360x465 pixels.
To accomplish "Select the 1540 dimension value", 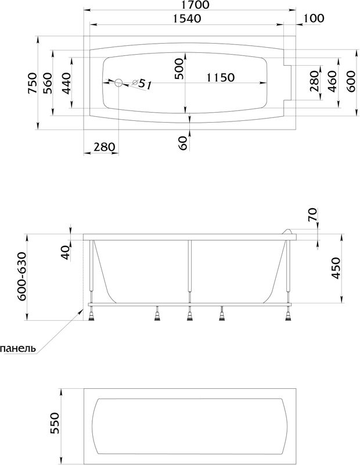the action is pos(186,19).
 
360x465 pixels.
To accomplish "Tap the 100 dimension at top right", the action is pos(314,19).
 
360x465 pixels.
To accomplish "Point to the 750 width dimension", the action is pos(33,83).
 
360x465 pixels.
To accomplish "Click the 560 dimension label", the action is pos(48,83).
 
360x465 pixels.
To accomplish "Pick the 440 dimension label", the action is pos(66,83).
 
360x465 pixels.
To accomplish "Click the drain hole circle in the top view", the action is pos(119,83).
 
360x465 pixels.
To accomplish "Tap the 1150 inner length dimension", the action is pos(221,77).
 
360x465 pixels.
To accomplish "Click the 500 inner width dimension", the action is pos(179,69).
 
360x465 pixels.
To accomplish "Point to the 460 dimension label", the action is pos(333,81).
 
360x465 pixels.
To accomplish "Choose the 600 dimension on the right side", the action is pos(351,81).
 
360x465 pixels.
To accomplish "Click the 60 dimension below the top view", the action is pos(183,143).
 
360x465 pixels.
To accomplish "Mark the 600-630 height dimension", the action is pos(23,277).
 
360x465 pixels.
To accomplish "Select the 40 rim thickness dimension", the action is pos(66,252).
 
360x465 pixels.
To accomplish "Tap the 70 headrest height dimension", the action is pos(312,214).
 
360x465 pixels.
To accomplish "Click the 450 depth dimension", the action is pos(336,268).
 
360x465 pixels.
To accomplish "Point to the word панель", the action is pos(19,348).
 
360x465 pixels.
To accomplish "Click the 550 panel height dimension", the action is pos(55,423).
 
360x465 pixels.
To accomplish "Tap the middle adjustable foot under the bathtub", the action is pos(190,314).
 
